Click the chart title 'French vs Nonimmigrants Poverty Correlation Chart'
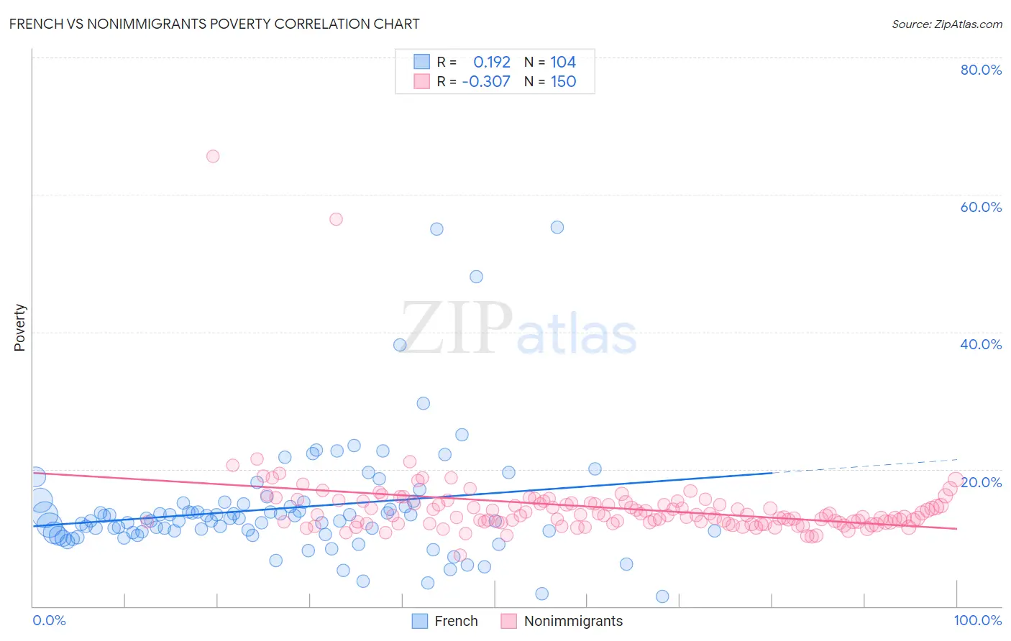pos(214,24)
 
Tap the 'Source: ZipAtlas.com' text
pos(946,24)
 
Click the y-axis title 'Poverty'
pos(19,328)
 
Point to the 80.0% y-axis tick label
pos(981,70)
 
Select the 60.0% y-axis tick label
pos(981,207)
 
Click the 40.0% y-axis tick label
pos(981,344)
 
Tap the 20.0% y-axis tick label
pos(981,482)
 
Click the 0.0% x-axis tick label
pos(49,620)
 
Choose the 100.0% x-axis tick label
pos(977,620)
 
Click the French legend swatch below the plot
pos(419,621)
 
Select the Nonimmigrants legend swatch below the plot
pos(509,621)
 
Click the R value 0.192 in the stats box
pos(492,63)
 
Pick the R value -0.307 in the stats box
pos(486,82)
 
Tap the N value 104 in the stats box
pos(563,63)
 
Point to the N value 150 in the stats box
pos(563,82)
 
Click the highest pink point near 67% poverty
pos(213,156)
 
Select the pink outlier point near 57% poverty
pos(336,219)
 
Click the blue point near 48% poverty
pos(476,277)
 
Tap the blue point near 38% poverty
pos(401,345)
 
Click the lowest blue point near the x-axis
pos(662,596)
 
